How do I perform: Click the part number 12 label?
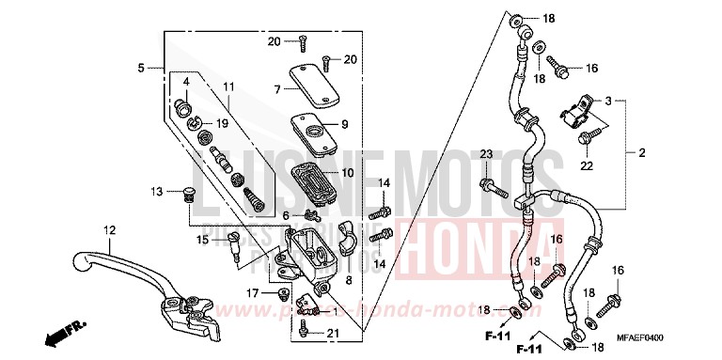point(110,229)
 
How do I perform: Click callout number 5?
point(141,68)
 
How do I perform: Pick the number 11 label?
point(228,87)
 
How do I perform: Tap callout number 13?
point(159,192)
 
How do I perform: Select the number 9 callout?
point(345,123)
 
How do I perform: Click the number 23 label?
point(486,153)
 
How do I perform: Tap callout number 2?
point(642,152)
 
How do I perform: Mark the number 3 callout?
point(608,100)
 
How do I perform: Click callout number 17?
point(251,293)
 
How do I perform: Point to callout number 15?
point(203,240)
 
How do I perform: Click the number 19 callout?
point(223,123)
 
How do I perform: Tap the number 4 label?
point(186,82)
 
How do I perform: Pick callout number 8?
point(349,279)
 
